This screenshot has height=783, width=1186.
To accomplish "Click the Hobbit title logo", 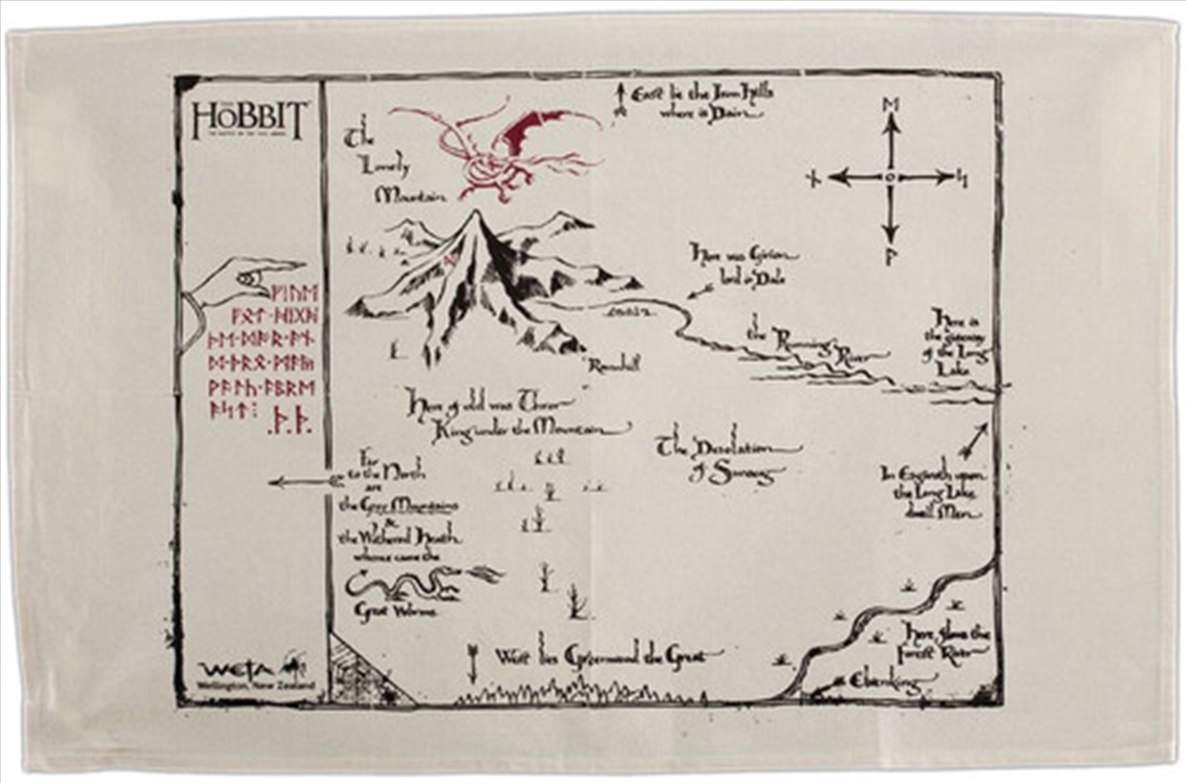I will pyautogui.click(x=250, y=120).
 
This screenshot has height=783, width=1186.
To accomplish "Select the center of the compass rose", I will pyautogui.click(x=889, y=177).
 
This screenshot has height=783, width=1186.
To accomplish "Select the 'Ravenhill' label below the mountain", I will pyautogui.click(x=614, y=365).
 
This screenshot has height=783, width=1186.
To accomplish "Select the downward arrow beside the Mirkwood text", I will pyautogui.click(x=473, y=663).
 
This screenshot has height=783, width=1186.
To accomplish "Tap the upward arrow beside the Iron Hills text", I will pyautogui.click(x=618, y=99).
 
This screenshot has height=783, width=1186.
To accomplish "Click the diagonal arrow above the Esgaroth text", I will pyautogui.click(x=975, y=441).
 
